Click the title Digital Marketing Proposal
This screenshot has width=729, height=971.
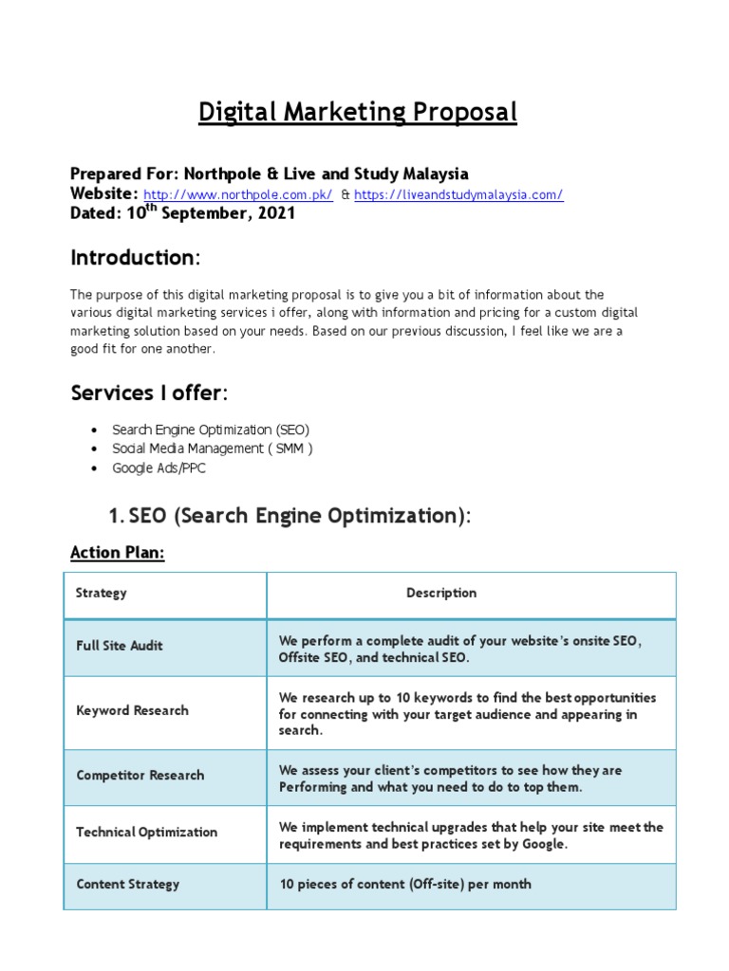(x=358, y=113)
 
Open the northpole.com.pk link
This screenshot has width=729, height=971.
(x=237, y=195)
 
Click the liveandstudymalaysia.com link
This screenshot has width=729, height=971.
(x=458, y=195)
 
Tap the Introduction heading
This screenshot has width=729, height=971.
(x=135, y=258)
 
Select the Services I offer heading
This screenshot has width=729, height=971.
(x=149, y=394)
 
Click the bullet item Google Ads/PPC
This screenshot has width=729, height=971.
(x=159, y=468)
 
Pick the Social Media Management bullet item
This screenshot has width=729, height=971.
(x=212, y=449)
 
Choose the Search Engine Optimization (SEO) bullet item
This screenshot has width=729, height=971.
(x=211, y=430)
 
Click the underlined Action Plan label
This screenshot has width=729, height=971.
(x=118, y=553)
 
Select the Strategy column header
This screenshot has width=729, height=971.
(x=101, y=593)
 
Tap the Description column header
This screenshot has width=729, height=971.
(x=441, y=593)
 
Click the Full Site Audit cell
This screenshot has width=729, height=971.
(x=120, y=646)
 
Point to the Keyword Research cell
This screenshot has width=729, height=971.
(x=132, y=710)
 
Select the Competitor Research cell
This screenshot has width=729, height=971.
(x=140, y=775)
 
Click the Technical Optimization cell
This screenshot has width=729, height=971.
(x=146, y=832)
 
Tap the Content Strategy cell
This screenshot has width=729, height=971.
(x=127, y=884)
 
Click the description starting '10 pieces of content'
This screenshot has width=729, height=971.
(x=405, y=884)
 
